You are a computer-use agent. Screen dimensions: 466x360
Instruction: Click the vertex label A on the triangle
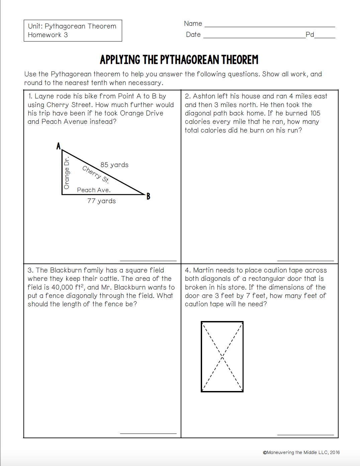pos(59,146)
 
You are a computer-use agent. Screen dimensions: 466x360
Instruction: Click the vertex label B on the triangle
pos(148,197)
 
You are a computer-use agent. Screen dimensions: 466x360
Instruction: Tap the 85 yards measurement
pos(114,165)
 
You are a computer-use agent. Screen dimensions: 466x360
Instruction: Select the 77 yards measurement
pos(101,201)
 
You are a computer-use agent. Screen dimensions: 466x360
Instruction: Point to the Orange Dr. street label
pos(67,173)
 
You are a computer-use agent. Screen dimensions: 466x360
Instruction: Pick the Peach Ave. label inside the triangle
pos(94,190)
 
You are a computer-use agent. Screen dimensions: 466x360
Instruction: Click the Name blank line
pos(270,26)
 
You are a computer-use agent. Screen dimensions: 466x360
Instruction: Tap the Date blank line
pos(254,37)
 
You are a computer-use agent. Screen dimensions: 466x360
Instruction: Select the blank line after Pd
pos(325,37)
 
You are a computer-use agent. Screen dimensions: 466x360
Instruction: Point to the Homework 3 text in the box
pos(48,35)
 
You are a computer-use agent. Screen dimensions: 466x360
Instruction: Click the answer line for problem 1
pos(148,260)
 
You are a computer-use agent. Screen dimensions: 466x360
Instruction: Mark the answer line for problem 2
pos(305,260)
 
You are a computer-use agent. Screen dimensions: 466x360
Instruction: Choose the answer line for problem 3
pos(148,434)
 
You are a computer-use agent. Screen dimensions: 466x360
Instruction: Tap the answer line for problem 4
pos(305,435)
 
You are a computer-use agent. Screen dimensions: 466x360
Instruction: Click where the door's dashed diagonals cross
pos(222,357)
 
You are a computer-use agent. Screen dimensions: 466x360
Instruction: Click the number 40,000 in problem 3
pos(62,287)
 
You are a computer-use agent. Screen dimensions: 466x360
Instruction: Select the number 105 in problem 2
pos(315,113)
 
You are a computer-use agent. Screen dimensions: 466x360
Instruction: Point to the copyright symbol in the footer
pos(265,453)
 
